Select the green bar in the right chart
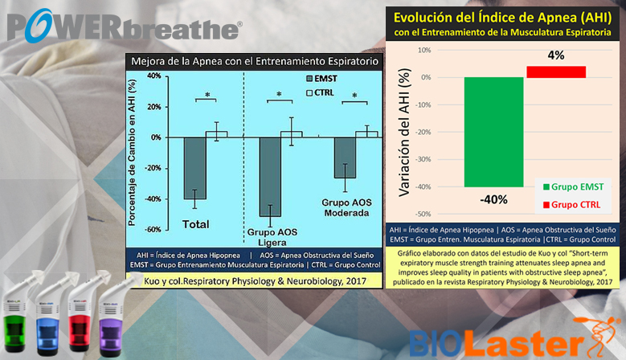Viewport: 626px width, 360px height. coord(493,132)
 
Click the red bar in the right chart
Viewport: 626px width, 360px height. coord(555,72)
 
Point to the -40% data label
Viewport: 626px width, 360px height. coord(494,200)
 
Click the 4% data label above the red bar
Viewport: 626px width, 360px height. coord(556,55)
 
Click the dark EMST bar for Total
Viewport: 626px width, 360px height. coord(194,168)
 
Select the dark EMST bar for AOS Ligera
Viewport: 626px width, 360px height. coord(269,177)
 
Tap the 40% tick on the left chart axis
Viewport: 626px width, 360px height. coord(152,76)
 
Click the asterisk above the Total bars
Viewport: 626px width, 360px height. coord(207,96)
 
